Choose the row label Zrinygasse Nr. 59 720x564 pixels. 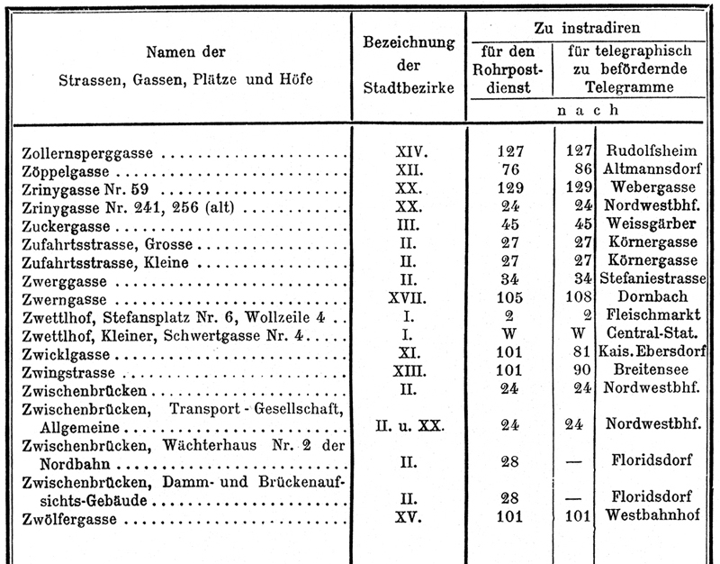pyautogui.click(x=83, y=188)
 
